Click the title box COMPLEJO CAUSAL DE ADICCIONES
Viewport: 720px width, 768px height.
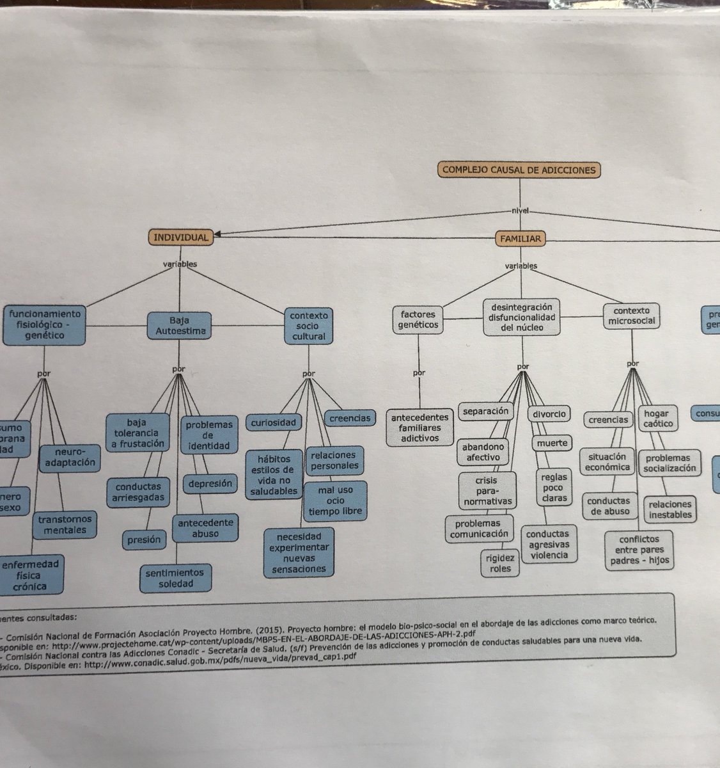(x=519, y=170)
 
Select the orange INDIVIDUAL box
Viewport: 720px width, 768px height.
(x=181, y=237)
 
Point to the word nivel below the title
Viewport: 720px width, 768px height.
(x=520, y=211)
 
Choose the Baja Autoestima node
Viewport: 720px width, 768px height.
(x=180, y=325)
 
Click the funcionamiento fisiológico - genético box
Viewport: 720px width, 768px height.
(x=44, y=324)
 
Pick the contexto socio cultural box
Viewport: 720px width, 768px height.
(x=309, y=325)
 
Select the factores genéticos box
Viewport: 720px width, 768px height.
(x=419, y=319)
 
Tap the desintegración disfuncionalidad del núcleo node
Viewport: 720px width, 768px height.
(x=522, y=317)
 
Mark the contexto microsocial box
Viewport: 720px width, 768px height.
(x=632, y=316)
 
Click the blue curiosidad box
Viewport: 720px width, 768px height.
(x=273, y=422)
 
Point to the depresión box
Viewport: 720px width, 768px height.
(x=210, y=484)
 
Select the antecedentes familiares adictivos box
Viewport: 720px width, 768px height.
(x=419, y=428)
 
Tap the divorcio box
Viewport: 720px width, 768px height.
(x=549, y=414)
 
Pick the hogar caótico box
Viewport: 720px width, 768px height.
(x=656, y=419)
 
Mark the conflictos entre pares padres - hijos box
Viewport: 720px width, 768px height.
(x=638, y=550)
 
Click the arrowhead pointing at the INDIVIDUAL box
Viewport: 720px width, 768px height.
(x=219, y=235)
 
